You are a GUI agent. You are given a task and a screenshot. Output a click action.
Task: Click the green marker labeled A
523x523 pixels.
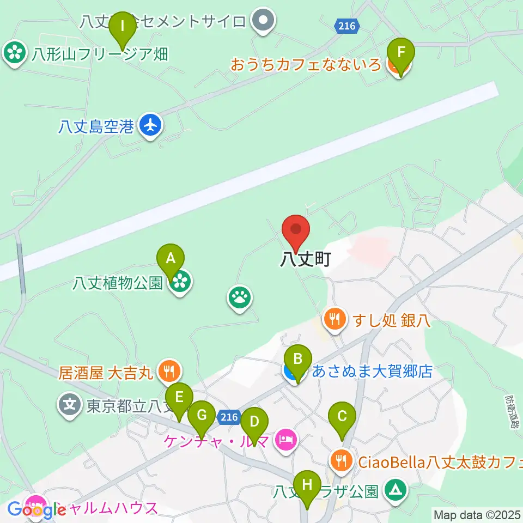click(171, 258)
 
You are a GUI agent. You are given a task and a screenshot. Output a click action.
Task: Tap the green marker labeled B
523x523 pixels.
click(297, 360)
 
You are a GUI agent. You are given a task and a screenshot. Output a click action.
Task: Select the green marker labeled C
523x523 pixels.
click(342, 417)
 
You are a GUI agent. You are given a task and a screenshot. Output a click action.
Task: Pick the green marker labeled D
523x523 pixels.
click(254, 422)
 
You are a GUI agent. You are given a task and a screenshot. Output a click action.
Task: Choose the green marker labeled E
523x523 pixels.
click(179, 398)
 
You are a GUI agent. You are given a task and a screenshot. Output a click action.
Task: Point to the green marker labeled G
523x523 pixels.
click(202, 415)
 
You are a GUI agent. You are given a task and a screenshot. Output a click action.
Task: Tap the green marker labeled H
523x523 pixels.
click(307, 484)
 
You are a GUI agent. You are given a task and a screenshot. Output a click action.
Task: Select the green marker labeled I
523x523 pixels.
click(122, 26)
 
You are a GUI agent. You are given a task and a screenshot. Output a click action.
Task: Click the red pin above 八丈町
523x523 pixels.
click(296, 232)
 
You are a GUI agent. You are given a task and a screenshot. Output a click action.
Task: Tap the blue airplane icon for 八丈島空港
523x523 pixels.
click(150, 126)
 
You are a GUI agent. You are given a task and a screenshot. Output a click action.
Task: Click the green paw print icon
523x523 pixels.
click(240, 298)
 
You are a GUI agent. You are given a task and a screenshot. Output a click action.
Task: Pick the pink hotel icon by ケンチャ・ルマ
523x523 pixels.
click(287, 439)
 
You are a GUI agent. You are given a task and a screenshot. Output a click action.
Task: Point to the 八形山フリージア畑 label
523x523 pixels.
click(99, 54)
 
